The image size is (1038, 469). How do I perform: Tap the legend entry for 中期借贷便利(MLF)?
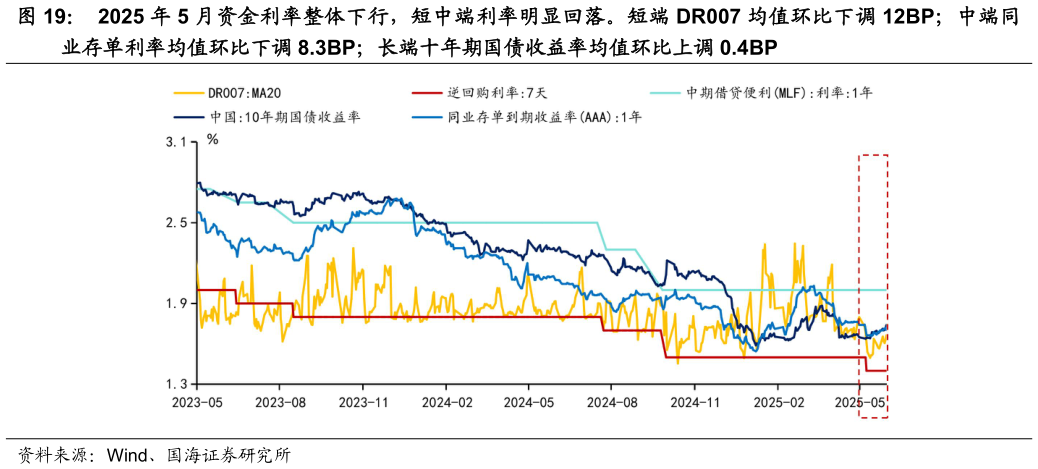pos(779,93)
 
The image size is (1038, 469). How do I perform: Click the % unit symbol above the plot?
pos(212,139)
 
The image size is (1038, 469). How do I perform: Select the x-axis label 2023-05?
pos(196,402)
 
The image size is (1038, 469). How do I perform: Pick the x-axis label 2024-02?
pos(445,402)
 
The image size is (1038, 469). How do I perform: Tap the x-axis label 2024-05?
pos(528,402)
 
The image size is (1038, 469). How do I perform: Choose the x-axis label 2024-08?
pos(611,402)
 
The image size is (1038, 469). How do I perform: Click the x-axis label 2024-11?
pos(694,402)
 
